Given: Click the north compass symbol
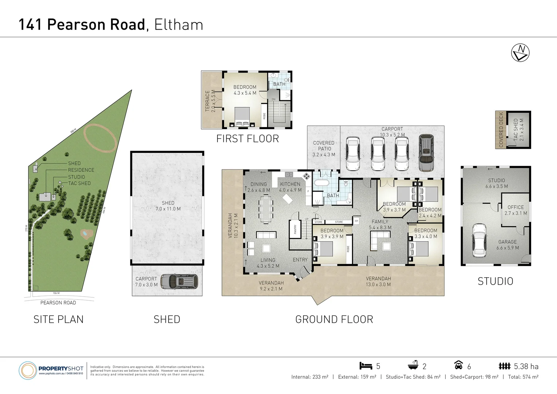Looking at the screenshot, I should (x=520, y=53).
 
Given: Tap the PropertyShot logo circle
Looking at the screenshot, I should (x=27, y=371).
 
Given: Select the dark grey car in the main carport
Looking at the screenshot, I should (x=426, y=153).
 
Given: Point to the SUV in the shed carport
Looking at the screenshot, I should (x=179, y=282).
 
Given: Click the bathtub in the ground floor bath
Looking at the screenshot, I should (x=321, y=183).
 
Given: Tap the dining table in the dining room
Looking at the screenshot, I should (x=266, y=209).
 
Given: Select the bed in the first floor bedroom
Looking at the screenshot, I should (x=242, y=117).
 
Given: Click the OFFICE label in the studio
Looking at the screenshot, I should (x=515, y=207).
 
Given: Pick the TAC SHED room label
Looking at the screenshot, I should (x=516, y=130).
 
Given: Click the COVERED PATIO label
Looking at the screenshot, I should (x=323, y=146).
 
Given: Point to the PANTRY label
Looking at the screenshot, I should (x=295, y=229).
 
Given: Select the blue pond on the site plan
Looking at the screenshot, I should (x=85, y=233).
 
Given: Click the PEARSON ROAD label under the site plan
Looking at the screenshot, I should (x=58, y=303).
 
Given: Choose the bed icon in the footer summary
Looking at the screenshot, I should (x=365, y=366).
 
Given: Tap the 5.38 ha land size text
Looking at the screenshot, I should (x=526, y=366).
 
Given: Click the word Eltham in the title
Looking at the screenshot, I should (x=179, y=25).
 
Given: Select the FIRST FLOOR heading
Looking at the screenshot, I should (x=247, y=139).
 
